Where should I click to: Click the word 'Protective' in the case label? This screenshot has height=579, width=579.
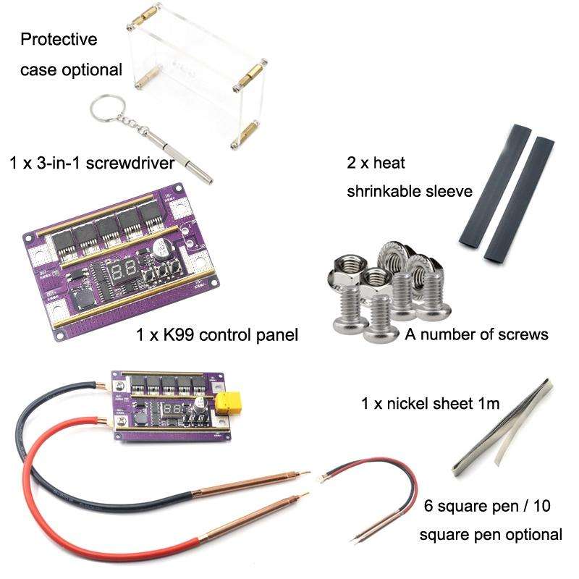[x=59, y=39]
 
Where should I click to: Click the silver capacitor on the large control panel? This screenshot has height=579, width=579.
[x=163, y=249]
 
